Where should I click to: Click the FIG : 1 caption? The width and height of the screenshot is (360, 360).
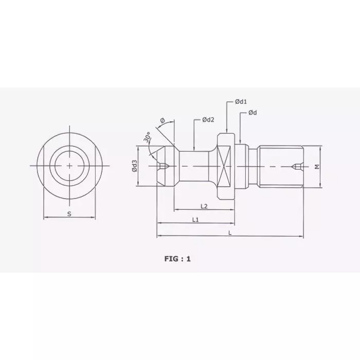[x=177, y=259]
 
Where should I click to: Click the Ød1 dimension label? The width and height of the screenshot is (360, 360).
[x=242, y=102]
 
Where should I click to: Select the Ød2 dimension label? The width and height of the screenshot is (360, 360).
[x=208, y=120]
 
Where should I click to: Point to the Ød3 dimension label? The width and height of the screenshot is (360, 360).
[x=134, y=166]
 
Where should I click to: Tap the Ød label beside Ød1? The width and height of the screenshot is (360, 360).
[x=253, y=113]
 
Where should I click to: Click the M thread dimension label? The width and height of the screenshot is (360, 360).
[x=317, y=166]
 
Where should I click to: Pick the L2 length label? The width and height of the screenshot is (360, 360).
[x=203, y=206]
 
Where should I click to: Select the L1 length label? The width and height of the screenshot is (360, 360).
[x=195, y=220]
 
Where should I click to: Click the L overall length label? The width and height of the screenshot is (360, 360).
[x=230, y=232]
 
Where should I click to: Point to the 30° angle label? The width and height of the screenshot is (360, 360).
[x=148, y=137]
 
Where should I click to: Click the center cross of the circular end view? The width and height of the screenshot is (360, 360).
[x=69, y=166]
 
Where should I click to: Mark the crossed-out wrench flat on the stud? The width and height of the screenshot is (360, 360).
[x=225, y=166]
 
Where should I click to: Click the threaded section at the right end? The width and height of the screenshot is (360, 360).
[x=282, y=166]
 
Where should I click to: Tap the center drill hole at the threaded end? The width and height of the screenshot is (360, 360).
[x=297, y=166]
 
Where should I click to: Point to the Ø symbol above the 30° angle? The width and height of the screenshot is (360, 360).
[x=163, y=120]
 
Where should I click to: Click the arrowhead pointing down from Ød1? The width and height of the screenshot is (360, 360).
[x=226, y=132]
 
